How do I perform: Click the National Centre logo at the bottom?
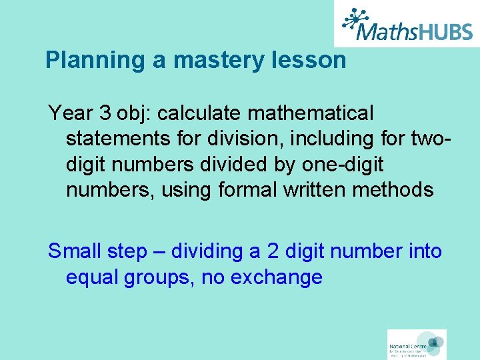417,345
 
